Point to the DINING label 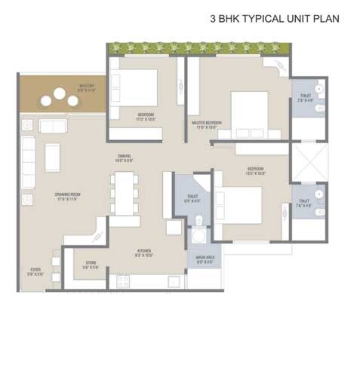(x=124, y=158)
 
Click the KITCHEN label (x=143, y=252)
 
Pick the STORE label (x=91, y=264)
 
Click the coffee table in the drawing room (x=53, y=156)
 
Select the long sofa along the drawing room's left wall (x=28, y=161)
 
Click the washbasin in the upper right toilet (x=319, y=89)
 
